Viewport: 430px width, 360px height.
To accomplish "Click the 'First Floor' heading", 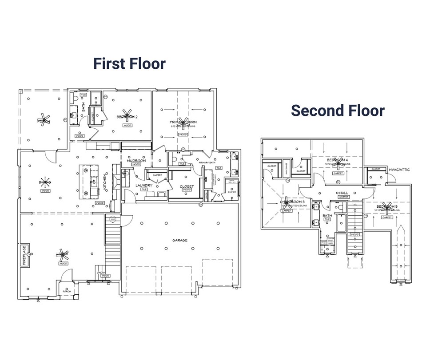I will (x=129, y=63).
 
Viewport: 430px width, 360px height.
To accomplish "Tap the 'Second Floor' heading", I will (x=338, y=110).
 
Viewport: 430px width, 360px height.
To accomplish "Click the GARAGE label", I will (x=180, y=240).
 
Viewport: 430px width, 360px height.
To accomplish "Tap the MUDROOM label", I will (x=136, y=161).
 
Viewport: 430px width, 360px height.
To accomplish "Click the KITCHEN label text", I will (x=105, y=181).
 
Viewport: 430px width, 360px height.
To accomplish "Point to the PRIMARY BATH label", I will (x=207, y=163).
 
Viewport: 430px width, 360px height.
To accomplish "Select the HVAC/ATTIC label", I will (x=398, y=169).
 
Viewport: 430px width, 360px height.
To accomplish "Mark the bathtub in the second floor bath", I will (x=340, y=222).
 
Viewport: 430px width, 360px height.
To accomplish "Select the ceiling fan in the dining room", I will (x=45, y=182).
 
